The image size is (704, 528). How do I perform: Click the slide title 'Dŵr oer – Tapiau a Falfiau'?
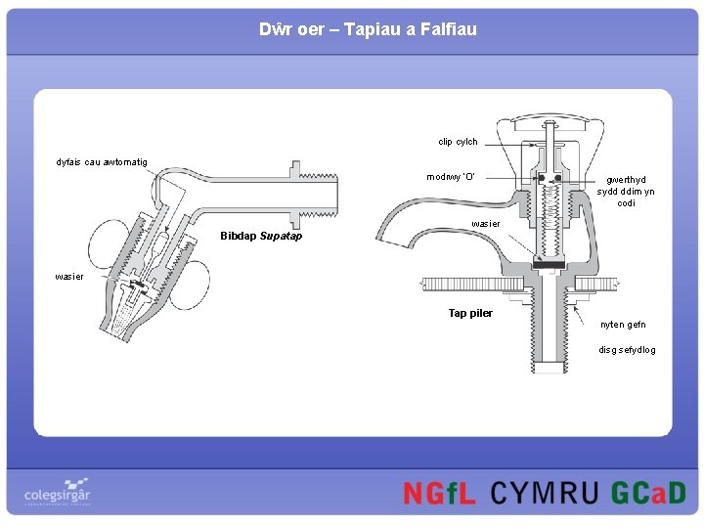368,29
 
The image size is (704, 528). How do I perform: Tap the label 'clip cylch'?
458,142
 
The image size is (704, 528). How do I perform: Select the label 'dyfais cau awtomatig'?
102,161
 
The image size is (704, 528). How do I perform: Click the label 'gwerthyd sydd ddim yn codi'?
626,192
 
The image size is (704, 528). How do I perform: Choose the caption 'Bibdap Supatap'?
261,236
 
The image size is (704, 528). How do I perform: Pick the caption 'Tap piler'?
470,313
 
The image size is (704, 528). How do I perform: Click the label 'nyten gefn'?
623,325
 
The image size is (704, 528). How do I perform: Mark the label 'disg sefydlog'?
627,350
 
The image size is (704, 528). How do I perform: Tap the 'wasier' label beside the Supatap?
69,277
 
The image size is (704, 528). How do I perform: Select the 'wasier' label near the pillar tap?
486,224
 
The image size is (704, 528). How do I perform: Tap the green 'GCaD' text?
648,494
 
